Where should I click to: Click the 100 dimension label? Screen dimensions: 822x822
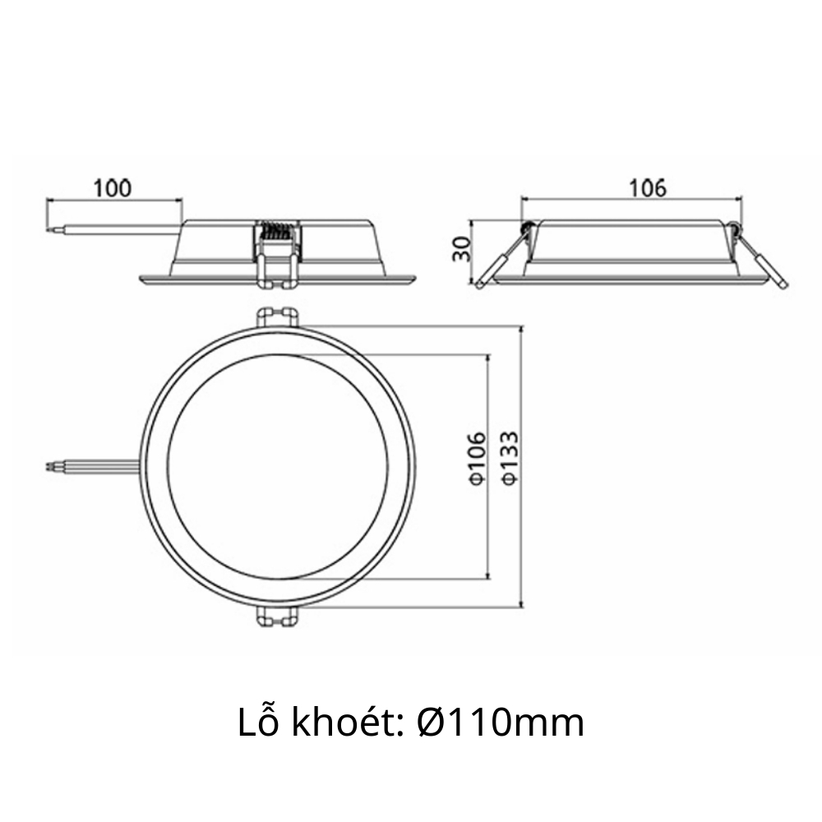pyautogui.click(x=112, y=187)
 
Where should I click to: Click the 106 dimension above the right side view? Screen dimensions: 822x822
pyautogui.click(x=647, y=187)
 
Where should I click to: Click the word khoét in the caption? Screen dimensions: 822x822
pyautogui.click(x=341, y=723)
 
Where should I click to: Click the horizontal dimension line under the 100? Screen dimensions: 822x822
pyautogui.click(x=113, y=200)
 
